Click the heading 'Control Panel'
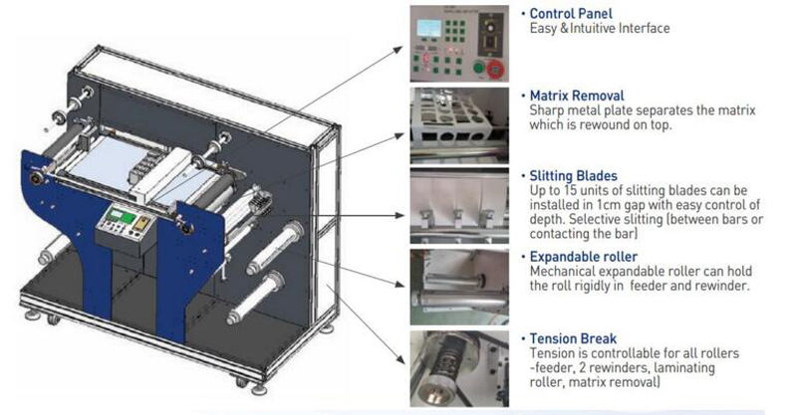click(570, 14)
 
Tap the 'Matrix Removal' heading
click(577, 96)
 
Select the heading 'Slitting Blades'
click(574, 176)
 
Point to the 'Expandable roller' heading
click(584, 256)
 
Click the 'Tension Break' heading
click(573, 337)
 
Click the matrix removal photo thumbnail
click(459, 125)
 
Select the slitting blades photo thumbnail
click(459, 204)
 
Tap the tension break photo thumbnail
click(459, 368)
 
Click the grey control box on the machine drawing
click(125, 228)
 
